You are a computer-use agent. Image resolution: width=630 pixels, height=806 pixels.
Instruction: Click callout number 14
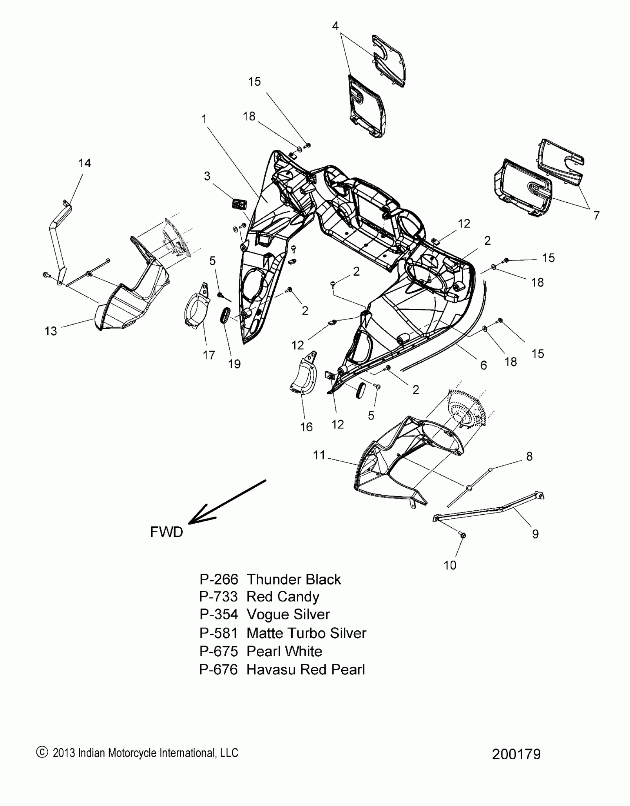pos(84,163)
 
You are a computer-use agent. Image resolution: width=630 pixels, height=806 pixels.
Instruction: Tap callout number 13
pos(51,331)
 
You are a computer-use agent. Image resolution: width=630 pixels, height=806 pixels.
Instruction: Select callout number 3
pos(207,176)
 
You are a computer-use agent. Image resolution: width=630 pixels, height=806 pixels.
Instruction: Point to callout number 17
pos(209,355)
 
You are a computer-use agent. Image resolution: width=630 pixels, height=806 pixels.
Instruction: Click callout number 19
pos(234,364)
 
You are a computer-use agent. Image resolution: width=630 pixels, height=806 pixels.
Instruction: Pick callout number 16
pos(306,427)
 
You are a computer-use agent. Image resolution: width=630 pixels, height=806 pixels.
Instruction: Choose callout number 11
pos(319,455)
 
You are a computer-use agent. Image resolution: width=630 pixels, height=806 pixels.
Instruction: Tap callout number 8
pos(529,456)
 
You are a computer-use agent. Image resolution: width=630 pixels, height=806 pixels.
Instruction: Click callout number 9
pos(535,534)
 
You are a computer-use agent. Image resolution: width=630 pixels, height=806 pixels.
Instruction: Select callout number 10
pos(450,565)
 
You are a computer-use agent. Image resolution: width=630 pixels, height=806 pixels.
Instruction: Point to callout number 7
pos(596,215)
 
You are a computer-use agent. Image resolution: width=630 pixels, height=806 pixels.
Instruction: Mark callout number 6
pos(483,365)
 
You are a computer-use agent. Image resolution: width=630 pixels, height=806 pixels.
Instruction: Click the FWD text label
pos(166,532)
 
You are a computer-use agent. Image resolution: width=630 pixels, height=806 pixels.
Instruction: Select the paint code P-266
pos(218,579)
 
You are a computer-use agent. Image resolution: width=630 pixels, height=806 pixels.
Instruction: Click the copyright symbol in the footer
pos(42,752)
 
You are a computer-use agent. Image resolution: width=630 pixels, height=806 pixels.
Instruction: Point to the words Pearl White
pos(284,651)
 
